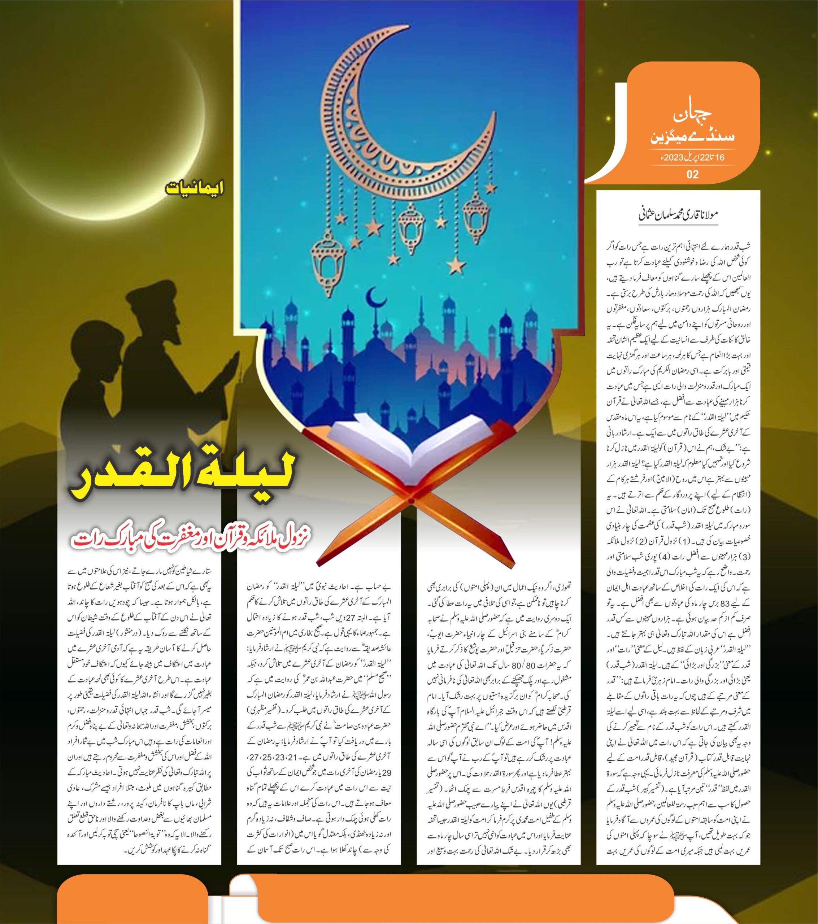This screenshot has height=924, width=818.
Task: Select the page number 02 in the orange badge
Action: point(692,174)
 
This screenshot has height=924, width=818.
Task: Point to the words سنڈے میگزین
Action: point(692,136)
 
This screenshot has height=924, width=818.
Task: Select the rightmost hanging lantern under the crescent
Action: point(478,210)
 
